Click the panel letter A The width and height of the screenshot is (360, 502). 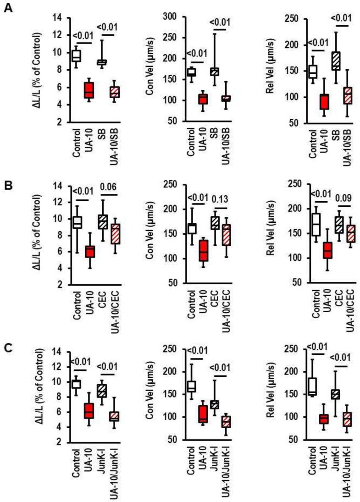(8, 8)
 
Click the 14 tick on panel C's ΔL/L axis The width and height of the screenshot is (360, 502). (58, 352)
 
